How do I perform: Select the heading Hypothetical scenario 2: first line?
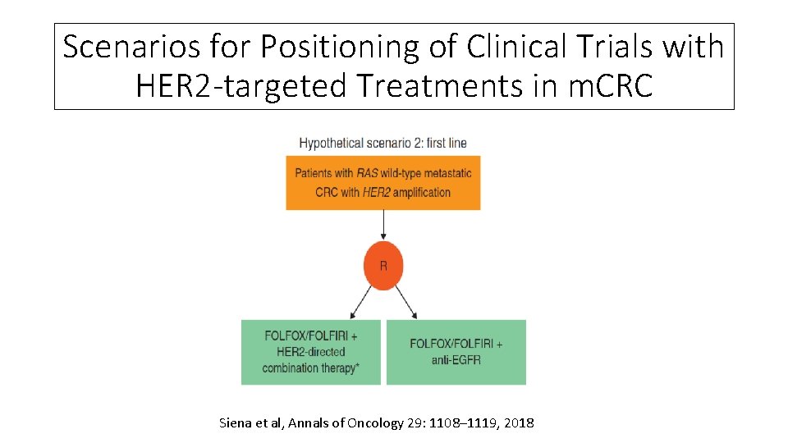click(x=383, y=143)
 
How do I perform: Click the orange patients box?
click(x=383, y=183)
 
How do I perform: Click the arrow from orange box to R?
click(x=383, y=226)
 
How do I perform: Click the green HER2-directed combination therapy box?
click(x=310, y=352)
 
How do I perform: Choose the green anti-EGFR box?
click(x=456, y=352)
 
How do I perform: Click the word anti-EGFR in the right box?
click(x=456, y=360)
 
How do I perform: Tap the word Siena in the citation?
click(x=236, y=423)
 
